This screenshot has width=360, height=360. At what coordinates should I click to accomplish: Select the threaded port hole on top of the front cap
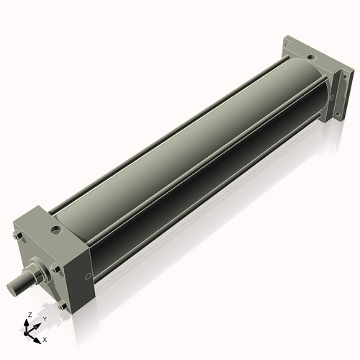tap(55, 231)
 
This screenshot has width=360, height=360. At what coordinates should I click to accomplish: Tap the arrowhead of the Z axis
tap(28, 323)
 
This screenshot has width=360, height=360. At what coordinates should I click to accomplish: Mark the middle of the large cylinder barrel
tap(187, 158)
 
